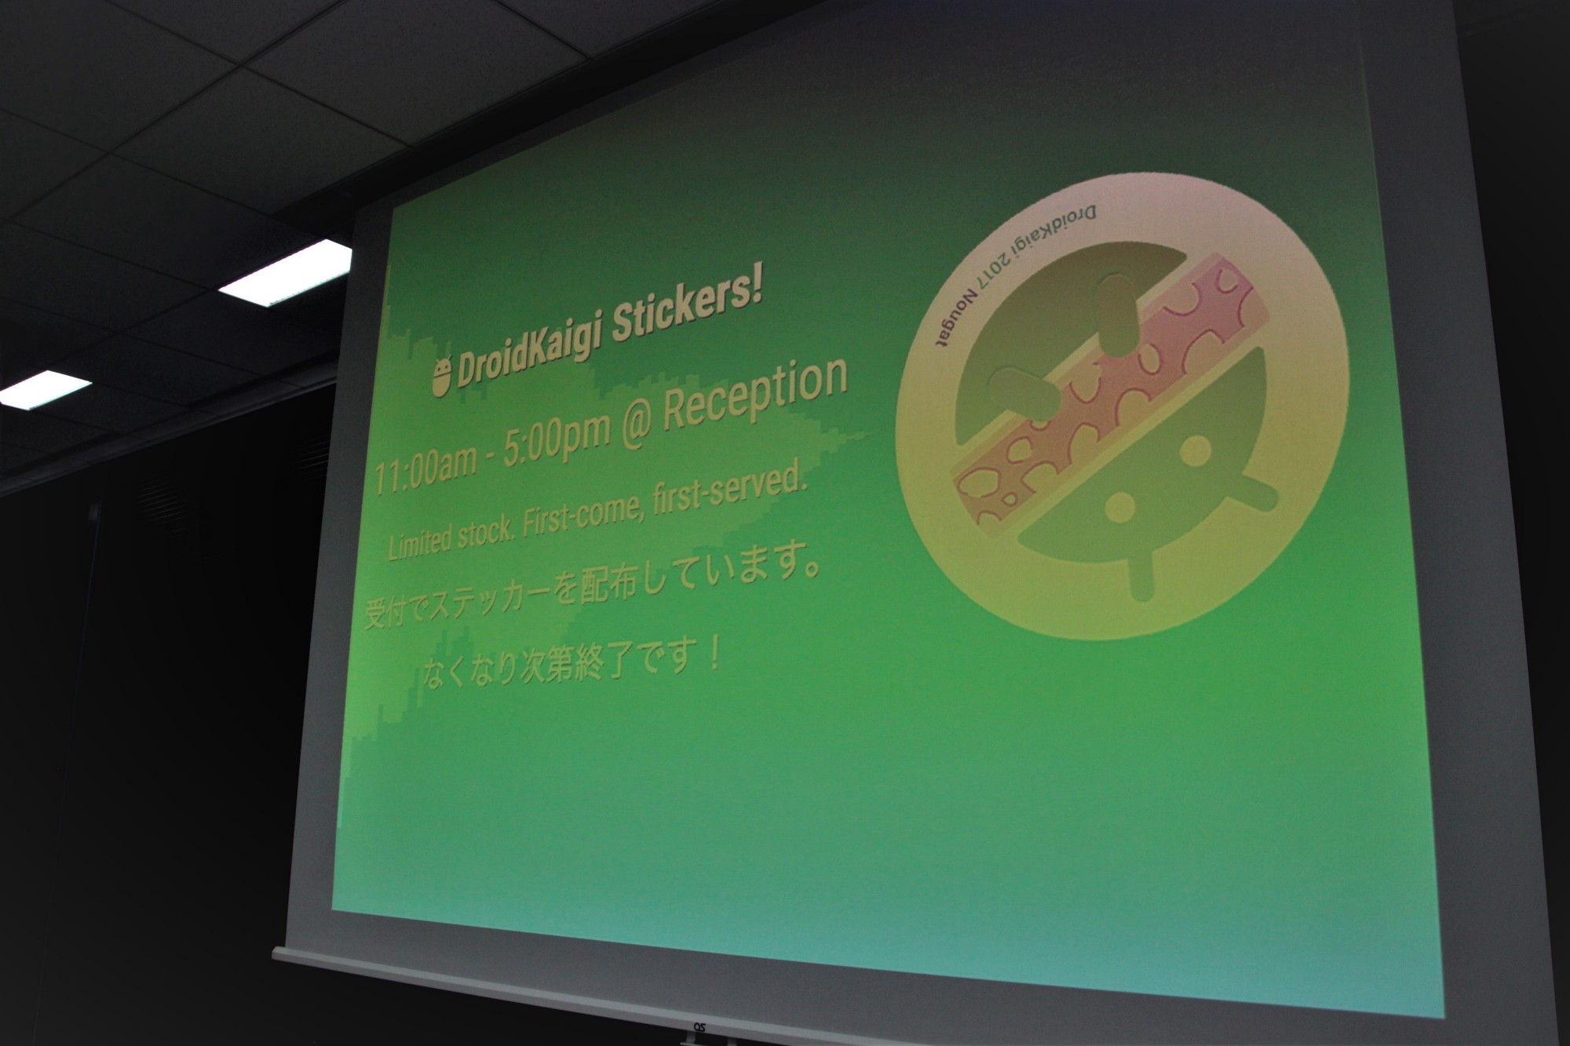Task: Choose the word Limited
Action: [x=421, y=542]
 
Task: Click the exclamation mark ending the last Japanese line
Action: [x=714, y=652]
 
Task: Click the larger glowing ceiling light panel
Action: [x=284, y=275]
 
